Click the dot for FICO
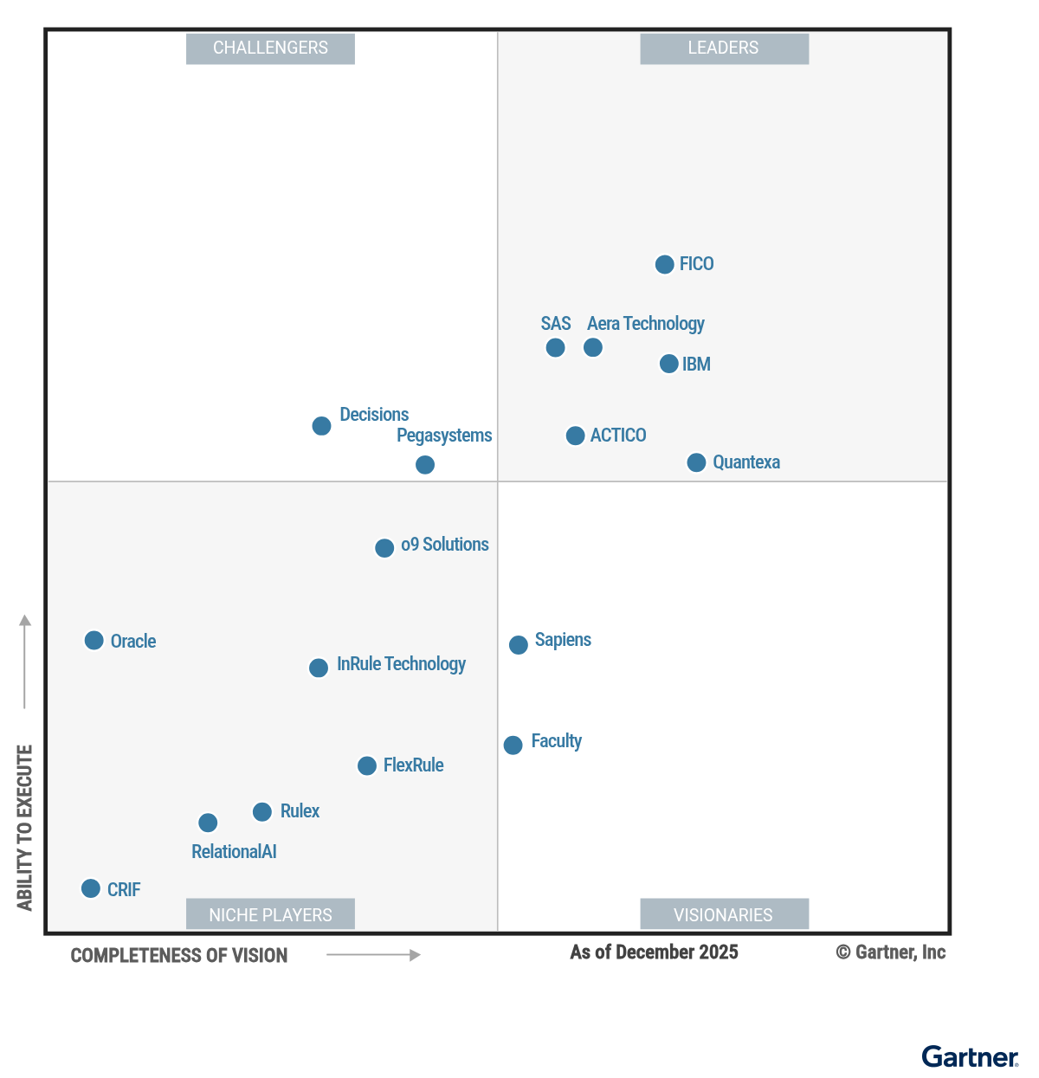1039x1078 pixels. click(x=664, y=264)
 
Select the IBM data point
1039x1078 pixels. click(x=668, y=364)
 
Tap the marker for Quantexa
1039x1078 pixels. click(x=696, y=462)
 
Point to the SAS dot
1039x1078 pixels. click(x=555, y=347)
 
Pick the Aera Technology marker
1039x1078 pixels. click(x=593, y=347)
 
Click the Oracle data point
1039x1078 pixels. click(x=94, y=641)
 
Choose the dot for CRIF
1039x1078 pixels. click(x=91, y=888)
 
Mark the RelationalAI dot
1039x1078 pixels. click(x=208, y=823)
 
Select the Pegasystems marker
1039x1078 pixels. click(x=425, y=465)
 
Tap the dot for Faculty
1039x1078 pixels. click(x=513, y=745)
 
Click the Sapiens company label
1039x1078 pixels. click(x=563, y=640)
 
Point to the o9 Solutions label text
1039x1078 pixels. click(x=444, y=545)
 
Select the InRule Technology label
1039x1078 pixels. click(x=401, y=664)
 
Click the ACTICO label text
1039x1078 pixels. click(x=618, y=436)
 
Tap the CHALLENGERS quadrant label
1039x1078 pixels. click(x=270, y=48)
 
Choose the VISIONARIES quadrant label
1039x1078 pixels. click(x=724, y=914)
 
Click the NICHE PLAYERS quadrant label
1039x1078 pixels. click(x=270, y=914)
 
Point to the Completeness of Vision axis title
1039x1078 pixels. click(x=179, y=956)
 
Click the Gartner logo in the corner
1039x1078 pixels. click(x=970, y=1057)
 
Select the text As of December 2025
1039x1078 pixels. click(x=654, y=952)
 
